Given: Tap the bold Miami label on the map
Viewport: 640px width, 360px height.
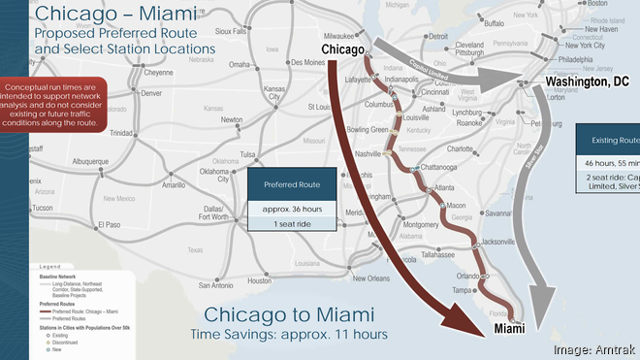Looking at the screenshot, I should point(516,330).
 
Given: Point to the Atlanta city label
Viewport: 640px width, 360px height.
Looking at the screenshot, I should point(446,187).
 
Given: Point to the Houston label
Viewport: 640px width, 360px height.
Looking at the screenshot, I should point(259,280).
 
